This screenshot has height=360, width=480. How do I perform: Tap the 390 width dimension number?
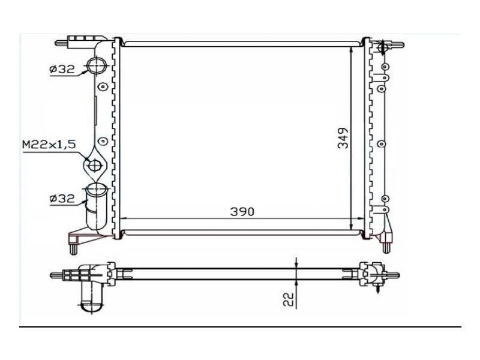(x=242, y=211)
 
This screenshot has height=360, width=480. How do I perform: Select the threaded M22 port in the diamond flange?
(x=94, y=163)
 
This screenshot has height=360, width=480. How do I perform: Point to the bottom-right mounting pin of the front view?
(x=387, y=244)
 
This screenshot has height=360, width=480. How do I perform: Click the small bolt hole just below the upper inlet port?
(x=102, y=87)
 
